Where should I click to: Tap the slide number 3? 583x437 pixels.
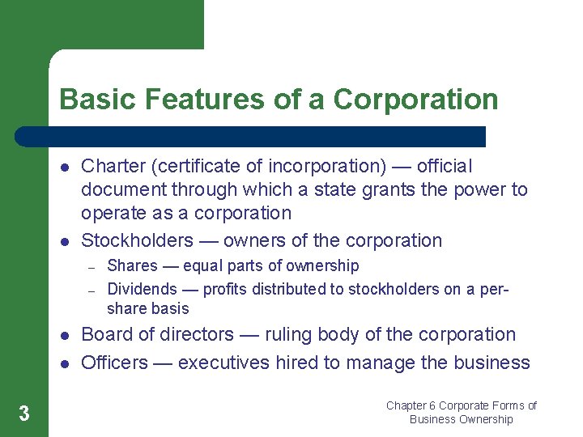point(24,414)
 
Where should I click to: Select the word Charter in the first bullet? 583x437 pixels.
point(113,166)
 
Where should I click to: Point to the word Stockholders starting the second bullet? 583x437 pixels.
point(138,240)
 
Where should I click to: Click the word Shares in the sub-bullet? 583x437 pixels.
point(132,265)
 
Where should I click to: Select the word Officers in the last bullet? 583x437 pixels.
point(114,363)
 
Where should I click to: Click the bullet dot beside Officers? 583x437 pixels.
point(64,363)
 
